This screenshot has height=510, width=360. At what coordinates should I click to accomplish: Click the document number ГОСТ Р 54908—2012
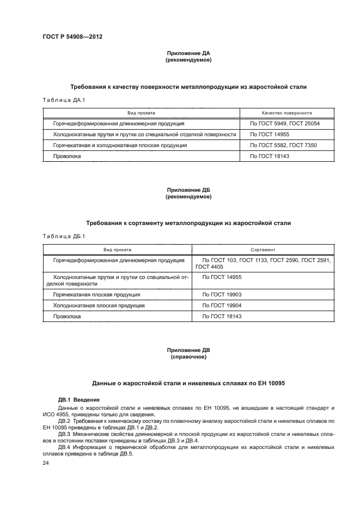(72, 37)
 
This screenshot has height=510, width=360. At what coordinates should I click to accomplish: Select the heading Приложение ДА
(188, 53)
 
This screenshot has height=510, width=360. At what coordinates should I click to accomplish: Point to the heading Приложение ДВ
(188, 350)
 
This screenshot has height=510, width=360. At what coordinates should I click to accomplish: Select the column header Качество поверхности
(286, 113)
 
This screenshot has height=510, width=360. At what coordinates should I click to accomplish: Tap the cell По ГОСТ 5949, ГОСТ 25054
(284, 124)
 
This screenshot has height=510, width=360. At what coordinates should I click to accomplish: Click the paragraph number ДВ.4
(65, 447)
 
